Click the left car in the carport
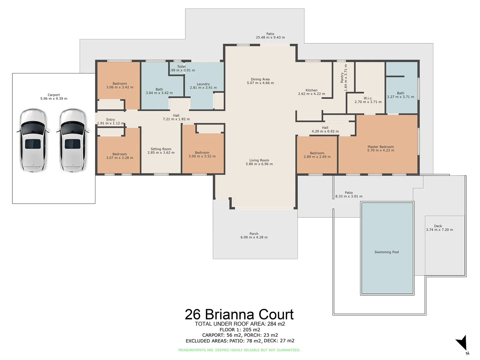pos(32,140)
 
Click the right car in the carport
pos(72,140)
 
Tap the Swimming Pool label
pos(386,252)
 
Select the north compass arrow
pos(462,343)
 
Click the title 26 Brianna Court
pos(239,314)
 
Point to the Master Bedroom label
pos(381,147)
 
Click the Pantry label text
pos(342,78)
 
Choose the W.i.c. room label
pos(368,98)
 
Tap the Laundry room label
pos(203,84)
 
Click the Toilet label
pos(181,67)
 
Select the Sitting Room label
pos(161,149)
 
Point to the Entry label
pos(110,119)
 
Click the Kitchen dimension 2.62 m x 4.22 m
pos(311,94)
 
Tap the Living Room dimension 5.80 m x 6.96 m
pos(259,164)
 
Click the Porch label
pos(254,234)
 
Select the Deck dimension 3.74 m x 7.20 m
pos(439,230)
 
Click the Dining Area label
pos(260,79)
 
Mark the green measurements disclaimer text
pos(239,350)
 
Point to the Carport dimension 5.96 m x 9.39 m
pos(54,99)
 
